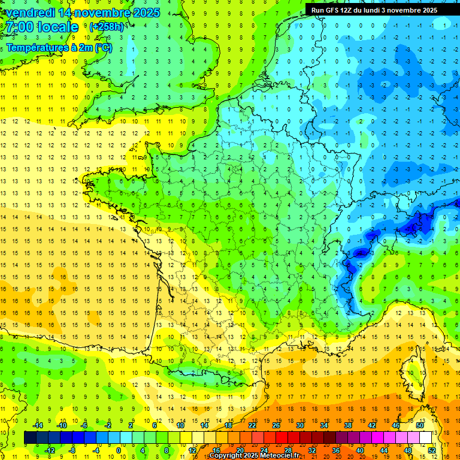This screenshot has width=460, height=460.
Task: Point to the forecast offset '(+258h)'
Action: point(107,28)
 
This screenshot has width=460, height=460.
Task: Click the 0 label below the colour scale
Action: point(119,450)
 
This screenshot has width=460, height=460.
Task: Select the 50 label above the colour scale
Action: point(420,425)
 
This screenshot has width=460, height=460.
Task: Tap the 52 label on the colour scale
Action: point(431,450)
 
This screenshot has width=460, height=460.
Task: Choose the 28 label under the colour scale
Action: point(287,450)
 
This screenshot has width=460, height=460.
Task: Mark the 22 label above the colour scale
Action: point(252,425)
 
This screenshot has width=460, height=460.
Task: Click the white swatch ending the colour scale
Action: point(425,437)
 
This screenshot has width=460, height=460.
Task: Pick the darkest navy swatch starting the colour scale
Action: point(30,437)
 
